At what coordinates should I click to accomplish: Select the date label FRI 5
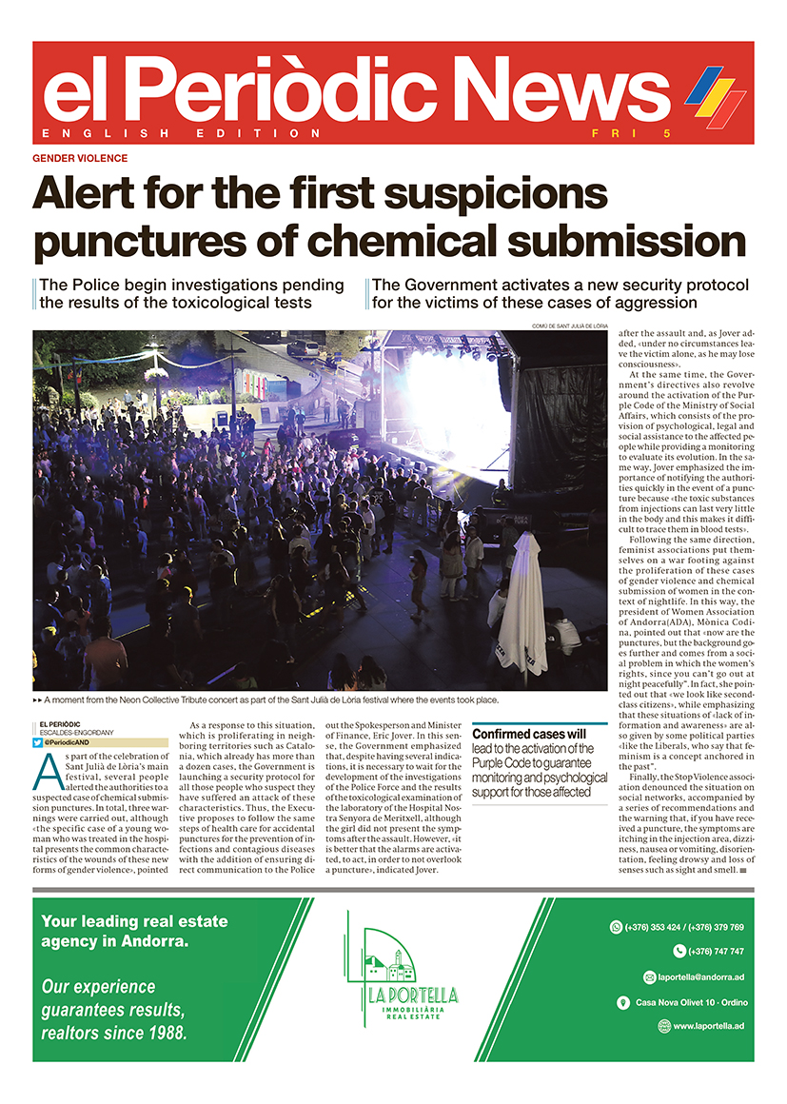coord(620,133)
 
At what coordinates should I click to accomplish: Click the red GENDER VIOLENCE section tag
coord(80,158)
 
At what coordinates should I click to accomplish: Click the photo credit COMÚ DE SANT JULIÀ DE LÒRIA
coord(569,326)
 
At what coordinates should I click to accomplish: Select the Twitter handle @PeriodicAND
coord(71,741)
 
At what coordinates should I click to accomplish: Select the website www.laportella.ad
coord(708,1026)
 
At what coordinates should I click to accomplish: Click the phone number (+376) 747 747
coord(709,952)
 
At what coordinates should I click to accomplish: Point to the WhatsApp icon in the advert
coord(615,927)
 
